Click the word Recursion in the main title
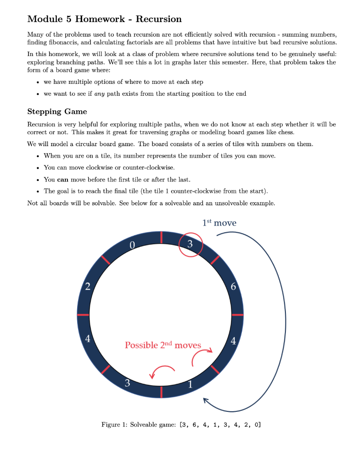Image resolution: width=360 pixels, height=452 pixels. click(x=158, y=19)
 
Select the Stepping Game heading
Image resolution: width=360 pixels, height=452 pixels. click(x=57, y=111)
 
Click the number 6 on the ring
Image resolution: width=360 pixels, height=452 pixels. click(x=233, y=287)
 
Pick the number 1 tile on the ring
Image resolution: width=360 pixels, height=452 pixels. click(x=190, y=384)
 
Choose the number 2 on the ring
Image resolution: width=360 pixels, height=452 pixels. click(x=88, y=287)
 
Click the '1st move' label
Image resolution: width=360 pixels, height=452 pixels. click(x=219, y=223)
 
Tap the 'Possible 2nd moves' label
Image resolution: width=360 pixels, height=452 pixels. click(x=163, y=345)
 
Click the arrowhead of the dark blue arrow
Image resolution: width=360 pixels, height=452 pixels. click(x=206, y=400)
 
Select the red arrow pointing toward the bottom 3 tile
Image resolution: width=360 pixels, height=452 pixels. click(x=162, y=372)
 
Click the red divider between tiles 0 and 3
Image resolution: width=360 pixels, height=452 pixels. click(x=161, y=237)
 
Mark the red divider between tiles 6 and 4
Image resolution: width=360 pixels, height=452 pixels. click(x=237, y=315)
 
